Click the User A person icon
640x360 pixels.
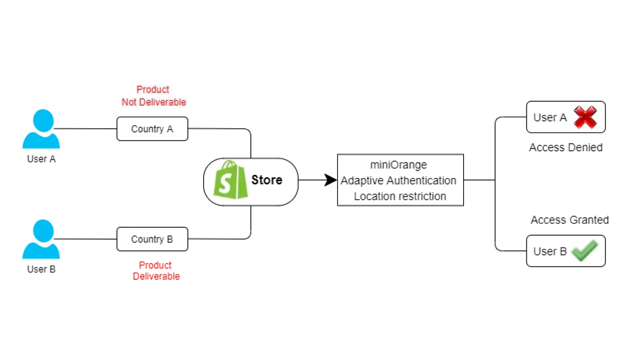(x=41, y=129)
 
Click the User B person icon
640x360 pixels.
(x=41, y=239)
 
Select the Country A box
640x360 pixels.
(x=152, y=129)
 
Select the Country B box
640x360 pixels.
(x=152, y=239)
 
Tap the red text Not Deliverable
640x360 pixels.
(x=154, y=102)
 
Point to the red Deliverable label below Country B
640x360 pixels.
(x=156, y=276)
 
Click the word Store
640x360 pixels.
(x=267, y=180)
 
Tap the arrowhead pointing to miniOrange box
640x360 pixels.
(x=330, y=180)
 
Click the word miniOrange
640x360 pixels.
(x=398, y=165)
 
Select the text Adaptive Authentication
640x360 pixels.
(x=398, y=181)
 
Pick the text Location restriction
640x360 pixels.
(x=400, y=196)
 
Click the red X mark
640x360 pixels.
(x=585, y=117)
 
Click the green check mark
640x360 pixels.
(x=585, y=251)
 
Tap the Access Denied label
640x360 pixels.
(x=566, y=148)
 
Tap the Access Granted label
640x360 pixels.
(x=570, y=220)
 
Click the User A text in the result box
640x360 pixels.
(x=550, y=118)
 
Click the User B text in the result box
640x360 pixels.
(x=550, y=251)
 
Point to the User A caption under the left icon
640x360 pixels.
(x=41, y=159)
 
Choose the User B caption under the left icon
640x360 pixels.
(x=41, y=269)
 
